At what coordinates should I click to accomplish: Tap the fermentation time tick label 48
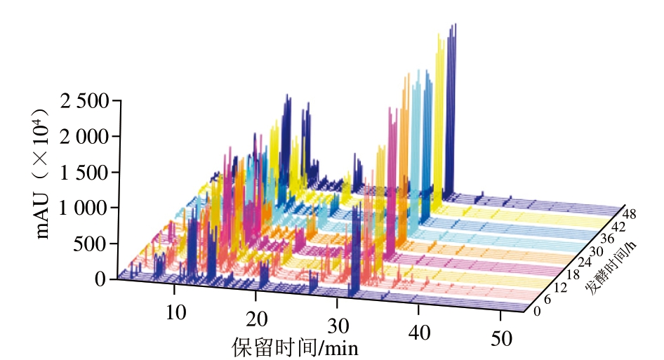(629, 213)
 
